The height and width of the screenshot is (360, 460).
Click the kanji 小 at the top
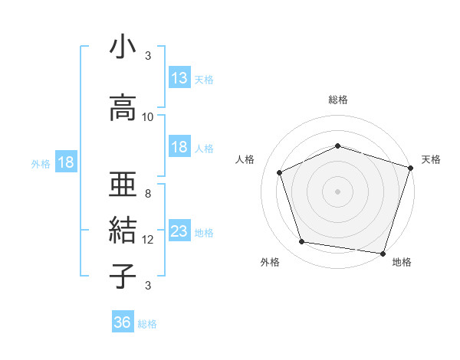[x=123, y=48]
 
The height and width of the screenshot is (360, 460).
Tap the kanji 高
[x=123, y=108]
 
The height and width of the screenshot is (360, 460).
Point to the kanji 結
[x=123, y=230]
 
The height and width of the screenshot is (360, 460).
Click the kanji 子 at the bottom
[x=123, y=276]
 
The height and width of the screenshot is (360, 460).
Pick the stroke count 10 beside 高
[x=148, y=117]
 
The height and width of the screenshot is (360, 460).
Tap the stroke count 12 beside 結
[x=148, y=240]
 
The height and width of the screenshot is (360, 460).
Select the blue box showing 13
[x=179, y=78]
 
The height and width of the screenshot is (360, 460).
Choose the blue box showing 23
[x=179, y=231]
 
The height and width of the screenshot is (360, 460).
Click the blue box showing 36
[x=123, y=322]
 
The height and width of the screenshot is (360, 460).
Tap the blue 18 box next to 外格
[x=65, y=162]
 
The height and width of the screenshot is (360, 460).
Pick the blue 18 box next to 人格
[x=179, y=147]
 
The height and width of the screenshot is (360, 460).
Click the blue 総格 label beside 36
[x=147, y=324]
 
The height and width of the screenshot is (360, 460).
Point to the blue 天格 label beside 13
[x=204, y=80]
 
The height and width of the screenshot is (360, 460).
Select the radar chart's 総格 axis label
[x=337, y=100]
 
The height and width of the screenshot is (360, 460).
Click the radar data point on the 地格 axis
[x=383, y=253]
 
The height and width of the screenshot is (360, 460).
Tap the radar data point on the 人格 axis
[x=280, y=173]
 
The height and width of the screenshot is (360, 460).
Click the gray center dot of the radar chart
[x=337, y=191]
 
